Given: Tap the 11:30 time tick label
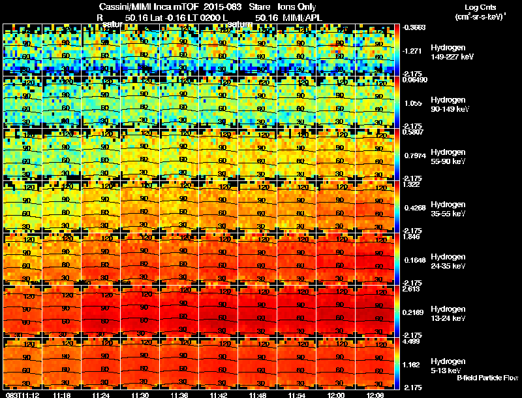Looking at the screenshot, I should pyautogui.click(x=140, y=394).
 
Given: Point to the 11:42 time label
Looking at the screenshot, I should pyautogui.click(x=219, y=394).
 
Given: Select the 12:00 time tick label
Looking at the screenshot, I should pyautogui.click(x=336, y=394).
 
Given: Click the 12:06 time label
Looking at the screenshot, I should pyautogui.click(x=375, y=394).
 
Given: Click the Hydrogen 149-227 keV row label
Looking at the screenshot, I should pyautogui.click(x=452, y=52).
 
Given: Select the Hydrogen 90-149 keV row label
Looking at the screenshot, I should pyautogui.click(x=452, y=105).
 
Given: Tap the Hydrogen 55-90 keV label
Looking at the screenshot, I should pyautogui.click(x=450, y=156).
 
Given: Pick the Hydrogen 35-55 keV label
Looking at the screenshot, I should pyautogui.click(x=450, y=208).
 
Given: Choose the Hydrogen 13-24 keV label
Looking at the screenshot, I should pyautogui.click(x=450, y=313).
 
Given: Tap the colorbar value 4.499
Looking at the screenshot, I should pyautogui.click(x=411, y=340).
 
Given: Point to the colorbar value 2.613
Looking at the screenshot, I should pyautogui.click(x=411, y=288).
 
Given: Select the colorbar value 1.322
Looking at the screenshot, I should pyautogui.click(x=411, y=184).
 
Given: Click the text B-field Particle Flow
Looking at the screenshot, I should pyautogui.click(x=487, y=378).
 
